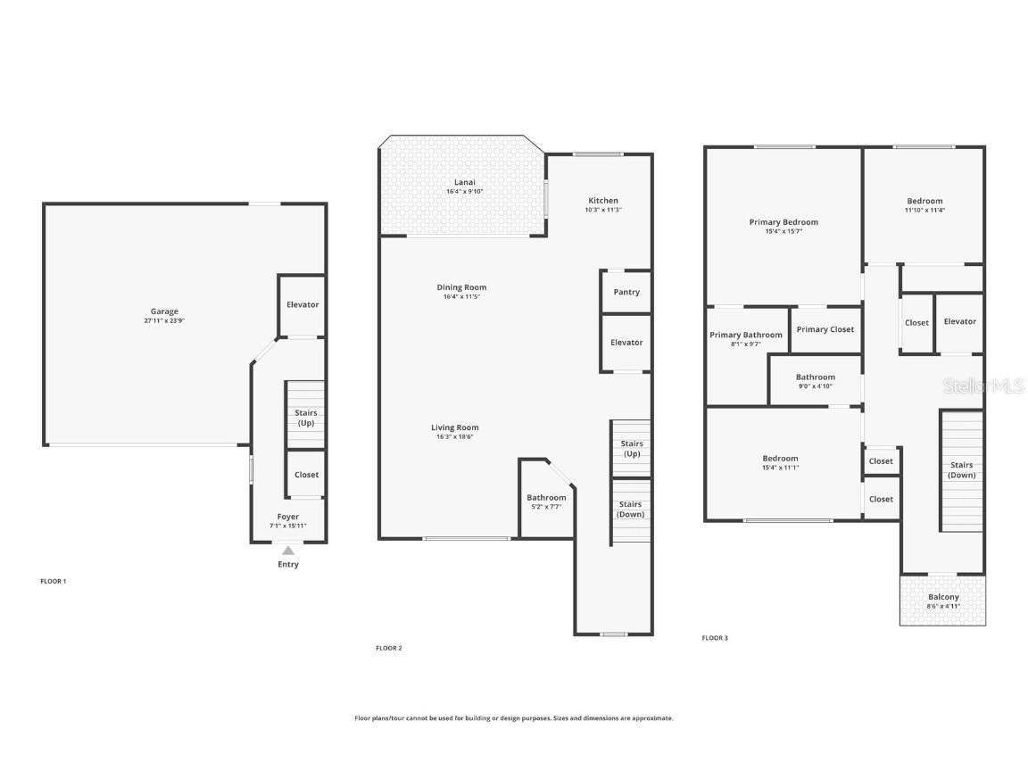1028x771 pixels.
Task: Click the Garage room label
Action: [x=164, y=311]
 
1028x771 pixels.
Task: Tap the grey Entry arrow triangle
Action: [x=288, y=551]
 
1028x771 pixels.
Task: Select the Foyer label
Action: [x=288, y=517]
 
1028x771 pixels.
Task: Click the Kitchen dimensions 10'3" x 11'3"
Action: [x=603, y=211]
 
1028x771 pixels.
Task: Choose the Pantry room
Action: [x=626, y=292]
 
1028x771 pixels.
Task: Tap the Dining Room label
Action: [x=461, y=287]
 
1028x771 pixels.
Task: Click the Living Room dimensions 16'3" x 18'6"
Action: [x=455, y=437]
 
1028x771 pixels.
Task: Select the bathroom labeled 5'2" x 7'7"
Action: [x=546, y=502]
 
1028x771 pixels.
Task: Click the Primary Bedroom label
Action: [x=783, y=222]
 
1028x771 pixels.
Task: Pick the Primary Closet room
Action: [x=825, y=329]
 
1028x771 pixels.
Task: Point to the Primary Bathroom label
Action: [x=746, y=336]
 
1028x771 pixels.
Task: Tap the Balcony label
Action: [x=943, y=597]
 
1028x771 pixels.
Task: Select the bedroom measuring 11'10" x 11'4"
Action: [x=924, y=205]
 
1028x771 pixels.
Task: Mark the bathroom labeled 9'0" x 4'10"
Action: [x=816, y=381]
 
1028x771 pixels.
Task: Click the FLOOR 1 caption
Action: [x=54, y=581]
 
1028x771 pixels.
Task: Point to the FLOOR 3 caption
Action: [x=715, y=638]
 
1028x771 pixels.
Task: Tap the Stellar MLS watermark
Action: [x=984, y=385]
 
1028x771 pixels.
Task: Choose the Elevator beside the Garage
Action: [x=303, y=304]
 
